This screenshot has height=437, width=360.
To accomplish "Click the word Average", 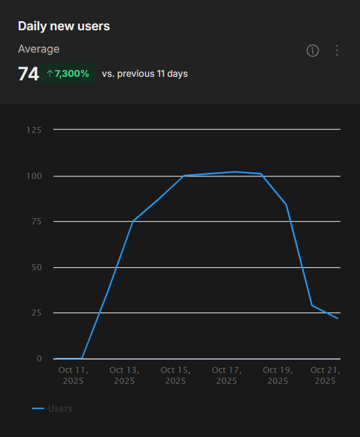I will coord(39,49).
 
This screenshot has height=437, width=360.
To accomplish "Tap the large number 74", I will coord(28,74).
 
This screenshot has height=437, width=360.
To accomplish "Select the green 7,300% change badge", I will coord(68,74).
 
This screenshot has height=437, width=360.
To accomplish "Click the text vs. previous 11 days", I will coord(144,74).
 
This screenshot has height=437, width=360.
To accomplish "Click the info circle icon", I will coord(312,51).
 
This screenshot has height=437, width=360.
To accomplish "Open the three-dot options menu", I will coord(337,51).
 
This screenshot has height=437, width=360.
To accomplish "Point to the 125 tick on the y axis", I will coord(34,130).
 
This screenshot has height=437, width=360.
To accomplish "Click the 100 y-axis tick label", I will coord(34,176).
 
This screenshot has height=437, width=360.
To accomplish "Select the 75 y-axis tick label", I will coord(36,222).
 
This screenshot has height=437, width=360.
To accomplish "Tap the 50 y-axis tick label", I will coord(36,267).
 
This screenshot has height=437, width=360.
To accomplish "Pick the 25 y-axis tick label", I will coord(36,313).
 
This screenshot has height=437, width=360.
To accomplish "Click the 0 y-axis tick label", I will coord(39,358).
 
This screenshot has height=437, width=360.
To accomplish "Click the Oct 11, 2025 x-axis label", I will coord(73,375).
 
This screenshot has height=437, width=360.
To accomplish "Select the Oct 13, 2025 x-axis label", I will coord(124,375).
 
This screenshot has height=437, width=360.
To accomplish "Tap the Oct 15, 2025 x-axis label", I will coord(176,375).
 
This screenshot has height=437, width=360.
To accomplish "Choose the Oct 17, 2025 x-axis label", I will coord(227,375).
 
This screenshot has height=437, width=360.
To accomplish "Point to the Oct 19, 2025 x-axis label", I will coord(278,375).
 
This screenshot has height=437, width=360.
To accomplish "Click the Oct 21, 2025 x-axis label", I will coord(326,375).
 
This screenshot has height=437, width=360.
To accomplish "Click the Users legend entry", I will coord(53,409).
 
